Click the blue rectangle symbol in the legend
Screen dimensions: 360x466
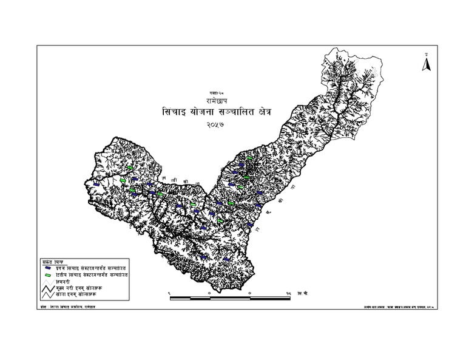pyautogui.click(x=47, y=267)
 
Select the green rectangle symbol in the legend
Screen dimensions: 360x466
pyautogui.click(x=47, y=275)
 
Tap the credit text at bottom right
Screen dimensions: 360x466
pyautogui.click(x=388, y=308)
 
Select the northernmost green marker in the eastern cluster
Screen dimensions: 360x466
pyautogui.click(x=249, y=158)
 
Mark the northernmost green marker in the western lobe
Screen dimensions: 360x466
pyautogui.click(x=132, y=168)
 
